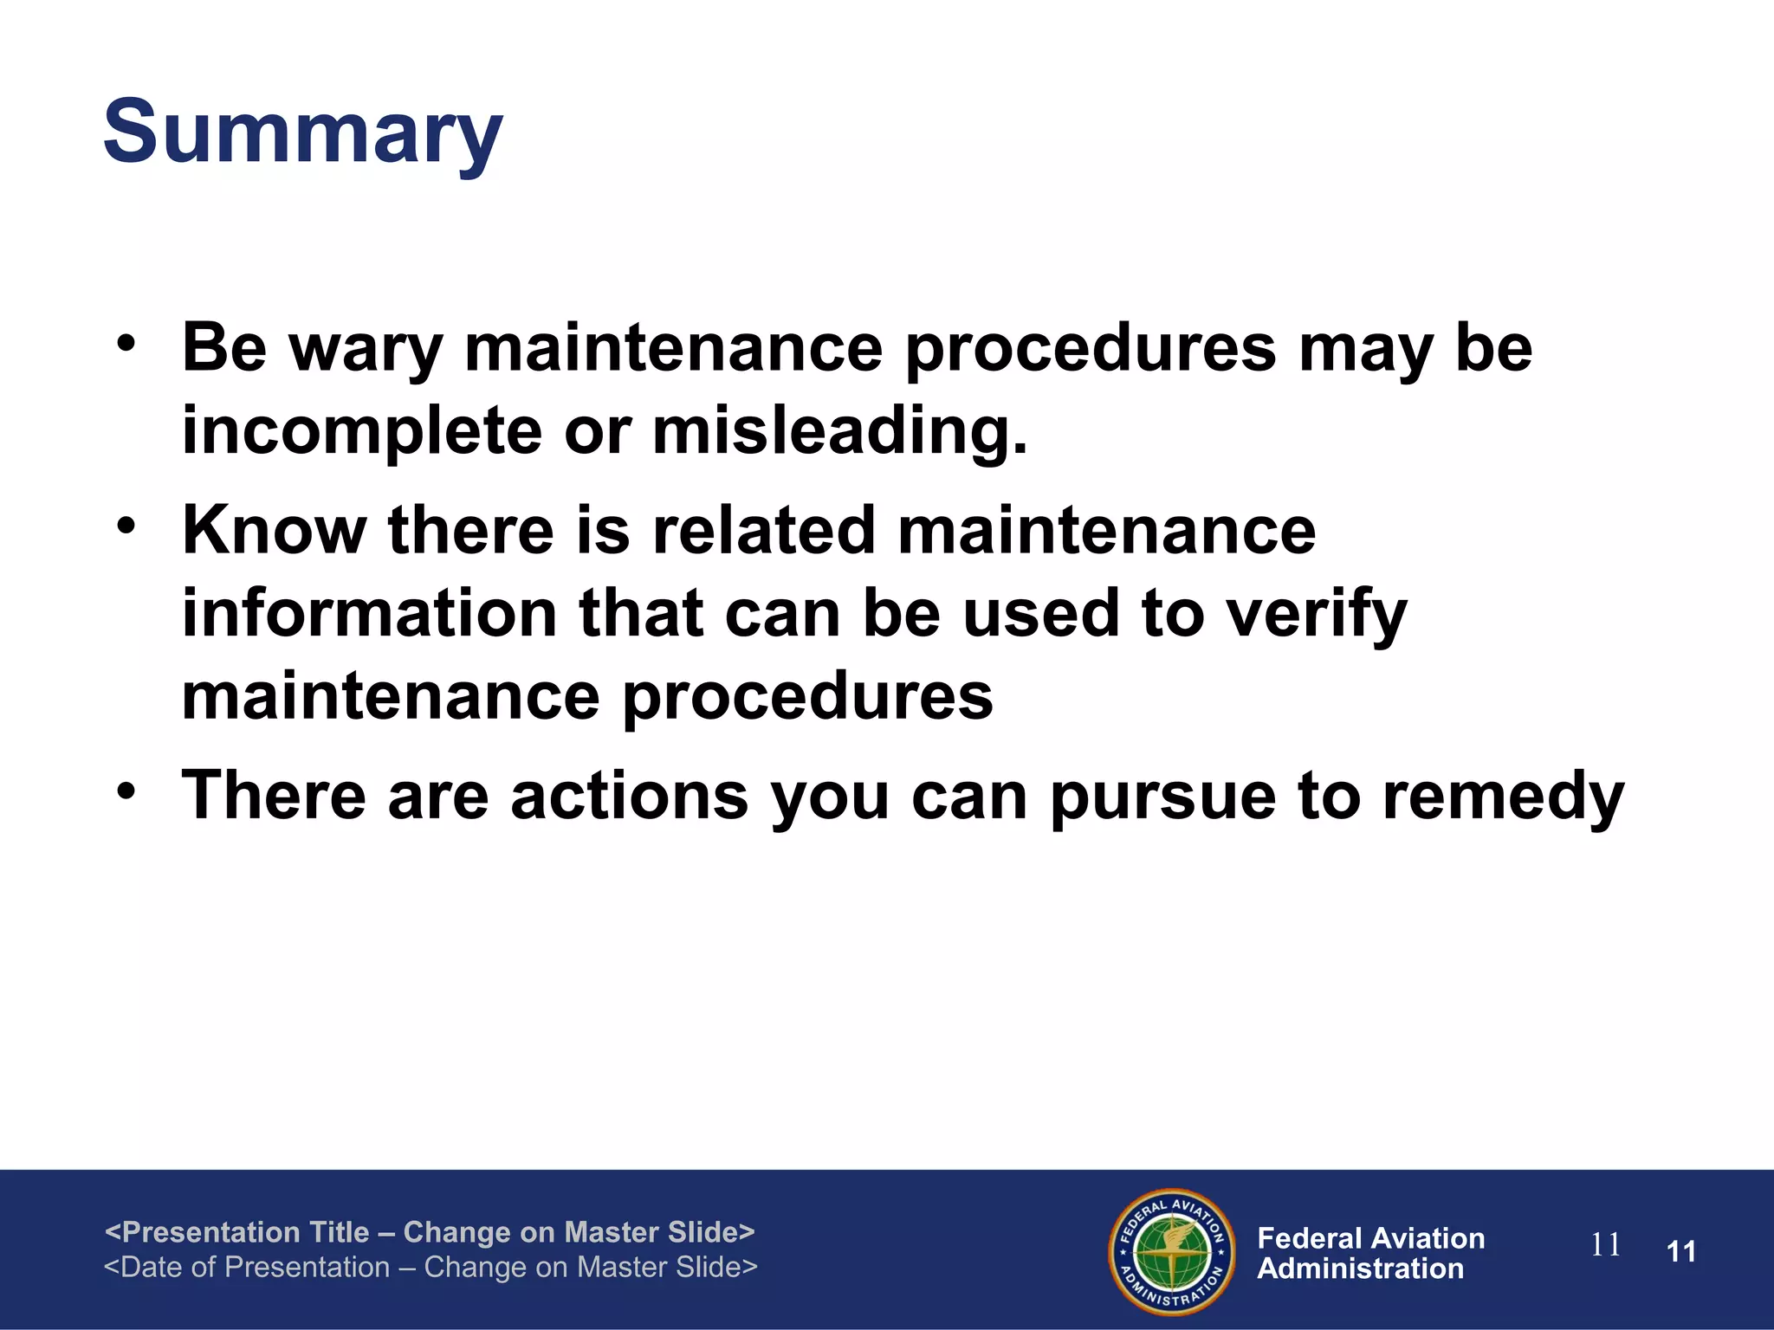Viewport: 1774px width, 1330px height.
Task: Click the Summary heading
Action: pyautogui.click(x=302, y=133)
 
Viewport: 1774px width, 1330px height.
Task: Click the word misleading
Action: pyautogui.click(x=839, y=431)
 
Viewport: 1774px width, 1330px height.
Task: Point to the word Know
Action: pyautogui.click(x=274, y=530)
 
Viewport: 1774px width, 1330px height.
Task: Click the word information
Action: pyautogui.click(x=370, y=613)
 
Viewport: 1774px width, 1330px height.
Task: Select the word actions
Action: pyautogui.click(x=629, y=796)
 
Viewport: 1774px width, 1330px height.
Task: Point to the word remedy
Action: pyautogui.click(x=1503, y=797)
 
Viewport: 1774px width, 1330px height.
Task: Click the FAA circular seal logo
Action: pyautogui.click(x=1171, y=1251)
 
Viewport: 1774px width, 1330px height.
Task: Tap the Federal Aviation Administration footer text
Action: pyautogui.click(x=1370, y=1253)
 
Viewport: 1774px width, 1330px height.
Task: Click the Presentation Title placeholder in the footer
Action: pyautogui.click(x=430, y=1231)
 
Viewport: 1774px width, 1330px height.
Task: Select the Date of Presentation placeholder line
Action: pyautogui.click(x=431, y=1267)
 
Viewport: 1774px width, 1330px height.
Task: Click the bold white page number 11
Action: pyautogui.click(x=1680, y=1251)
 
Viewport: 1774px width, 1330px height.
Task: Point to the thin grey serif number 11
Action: pyautogui.click(x=1605, y=1245)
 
